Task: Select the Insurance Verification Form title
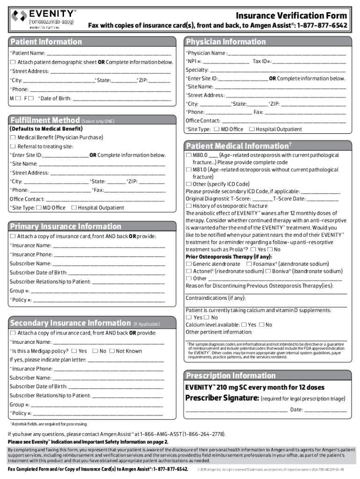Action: tap(291, 15)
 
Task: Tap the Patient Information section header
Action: tap(46, 42)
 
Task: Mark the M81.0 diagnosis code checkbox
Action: tap(188, 170)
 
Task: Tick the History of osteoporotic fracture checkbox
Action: tap(188, 206)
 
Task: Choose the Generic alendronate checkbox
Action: tap(188, 264)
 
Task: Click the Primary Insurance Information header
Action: tap(65, 226)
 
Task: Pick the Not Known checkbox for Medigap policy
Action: tap(111, 351)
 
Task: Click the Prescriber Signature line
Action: tap(237, 411)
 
